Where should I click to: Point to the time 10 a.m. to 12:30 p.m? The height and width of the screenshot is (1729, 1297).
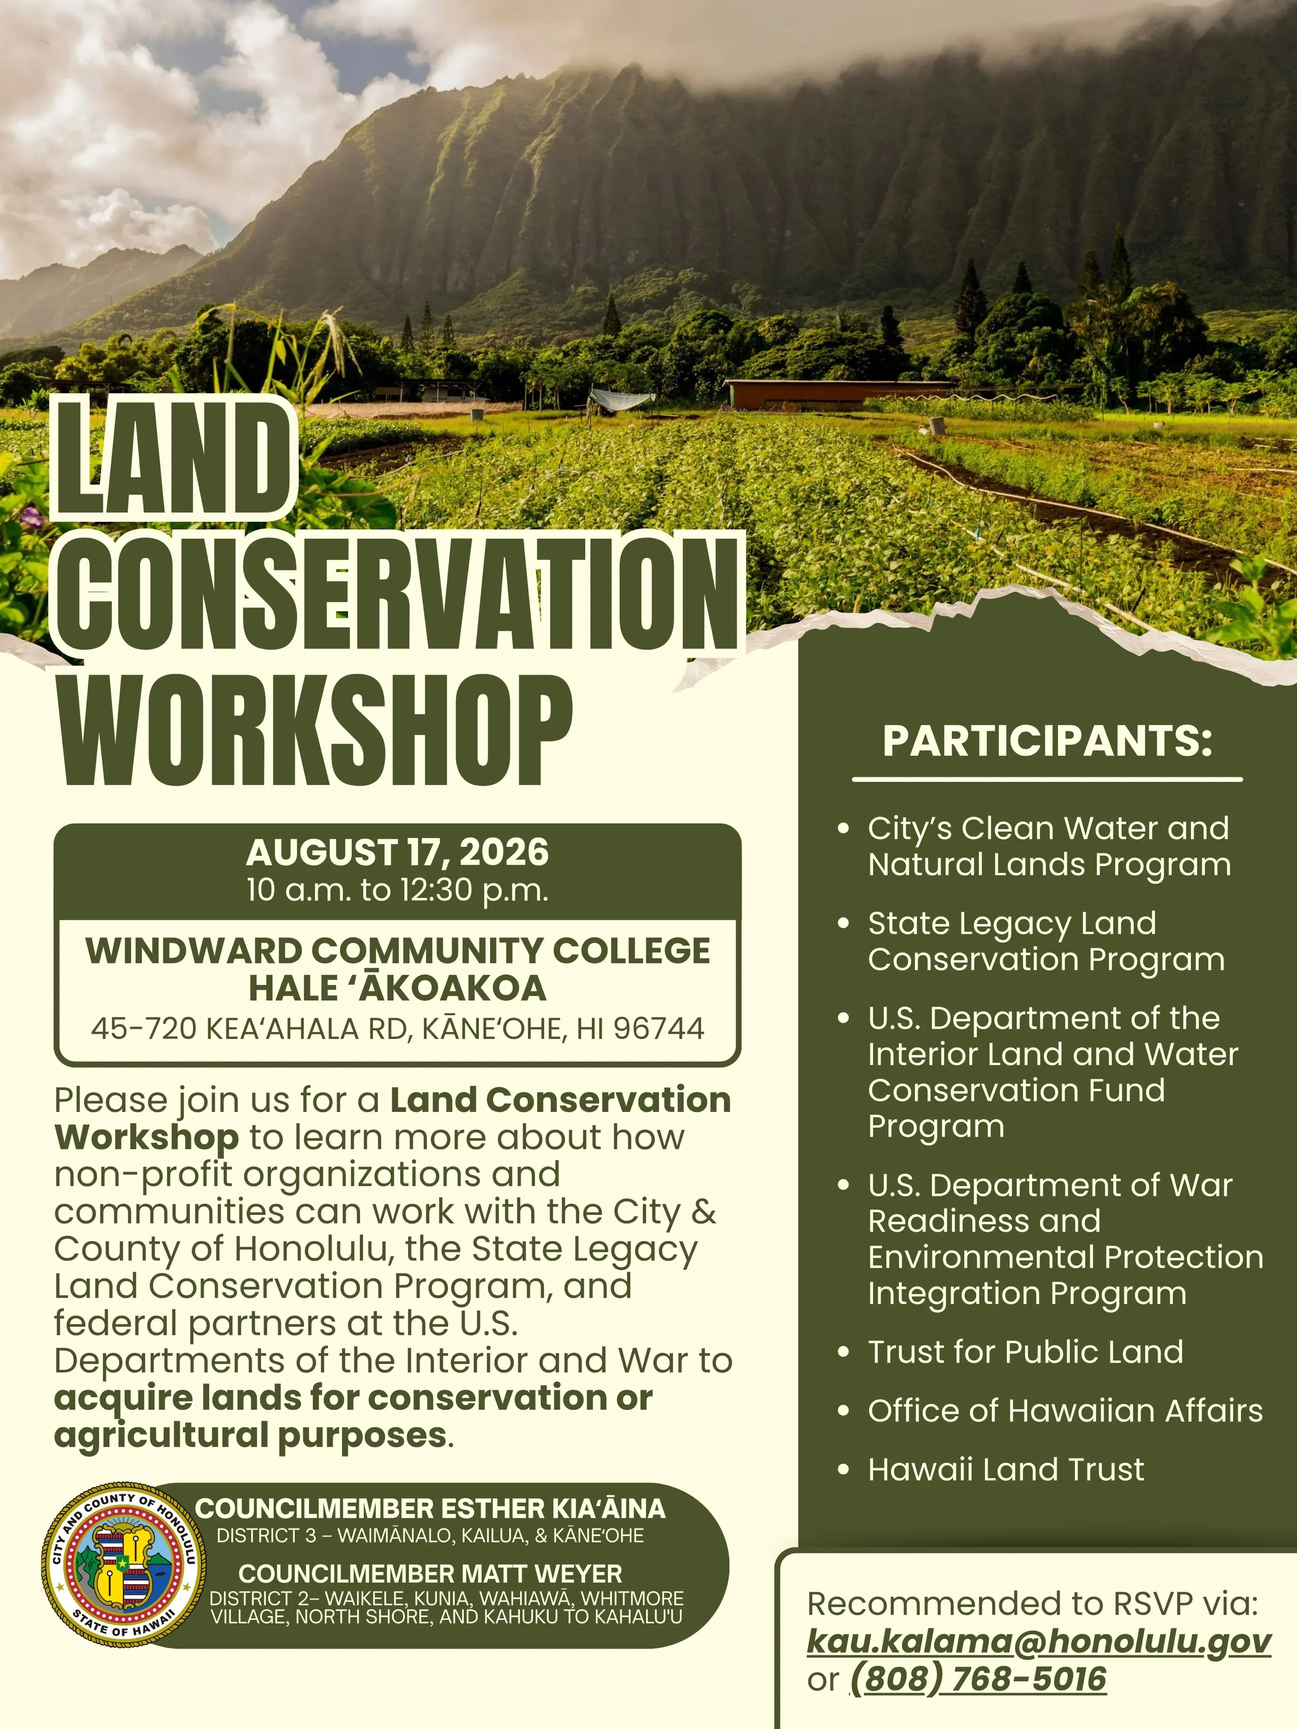coord(397,890)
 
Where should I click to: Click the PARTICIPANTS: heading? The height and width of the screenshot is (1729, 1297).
coord(1047,741)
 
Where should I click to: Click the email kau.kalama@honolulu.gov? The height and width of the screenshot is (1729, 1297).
coord(1039,1642)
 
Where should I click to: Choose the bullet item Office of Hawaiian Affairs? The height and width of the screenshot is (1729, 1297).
coord(1065,1411)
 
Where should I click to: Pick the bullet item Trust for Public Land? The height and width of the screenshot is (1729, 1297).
coord(1025,1352)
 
